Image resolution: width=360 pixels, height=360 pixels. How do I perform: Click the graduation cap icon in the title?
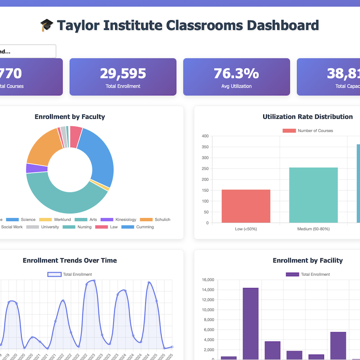coord(46,25)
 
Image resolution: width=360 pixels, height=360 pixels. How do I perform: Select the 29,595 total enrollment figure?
coord(123,73)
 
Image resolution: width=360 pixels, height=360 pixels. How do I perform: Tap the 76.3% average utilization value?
coord(236,73)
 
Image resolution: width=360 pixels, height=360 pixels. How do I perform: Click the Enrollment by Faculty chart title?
coord(70,117)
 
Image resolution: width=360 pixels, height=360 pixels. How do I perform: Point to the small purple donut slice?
coord(31,168)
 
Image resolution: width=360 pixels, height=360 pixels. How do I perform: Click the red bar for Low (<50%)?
coord(246,206)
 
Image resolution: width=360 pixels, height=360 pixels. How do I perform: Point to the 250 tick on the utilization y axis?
coord(205,169)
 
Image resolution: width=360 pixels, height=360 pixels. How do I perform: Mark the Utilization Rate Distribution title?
coord(307,117)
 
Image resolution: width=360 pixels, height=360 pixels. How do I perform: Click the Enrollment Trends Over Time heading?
coord(70,261)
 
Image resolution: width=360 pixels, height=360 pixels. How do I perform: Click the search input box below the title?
coord(27,51)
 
